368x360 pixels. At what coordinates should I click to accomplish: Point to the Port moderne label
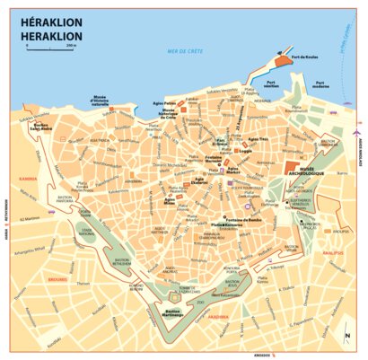[322, 85]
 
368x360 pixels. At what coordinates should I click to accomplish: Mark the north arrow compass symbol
[345, 336]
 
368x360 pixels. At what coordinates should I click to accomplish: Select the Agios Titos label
[258, 139]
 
